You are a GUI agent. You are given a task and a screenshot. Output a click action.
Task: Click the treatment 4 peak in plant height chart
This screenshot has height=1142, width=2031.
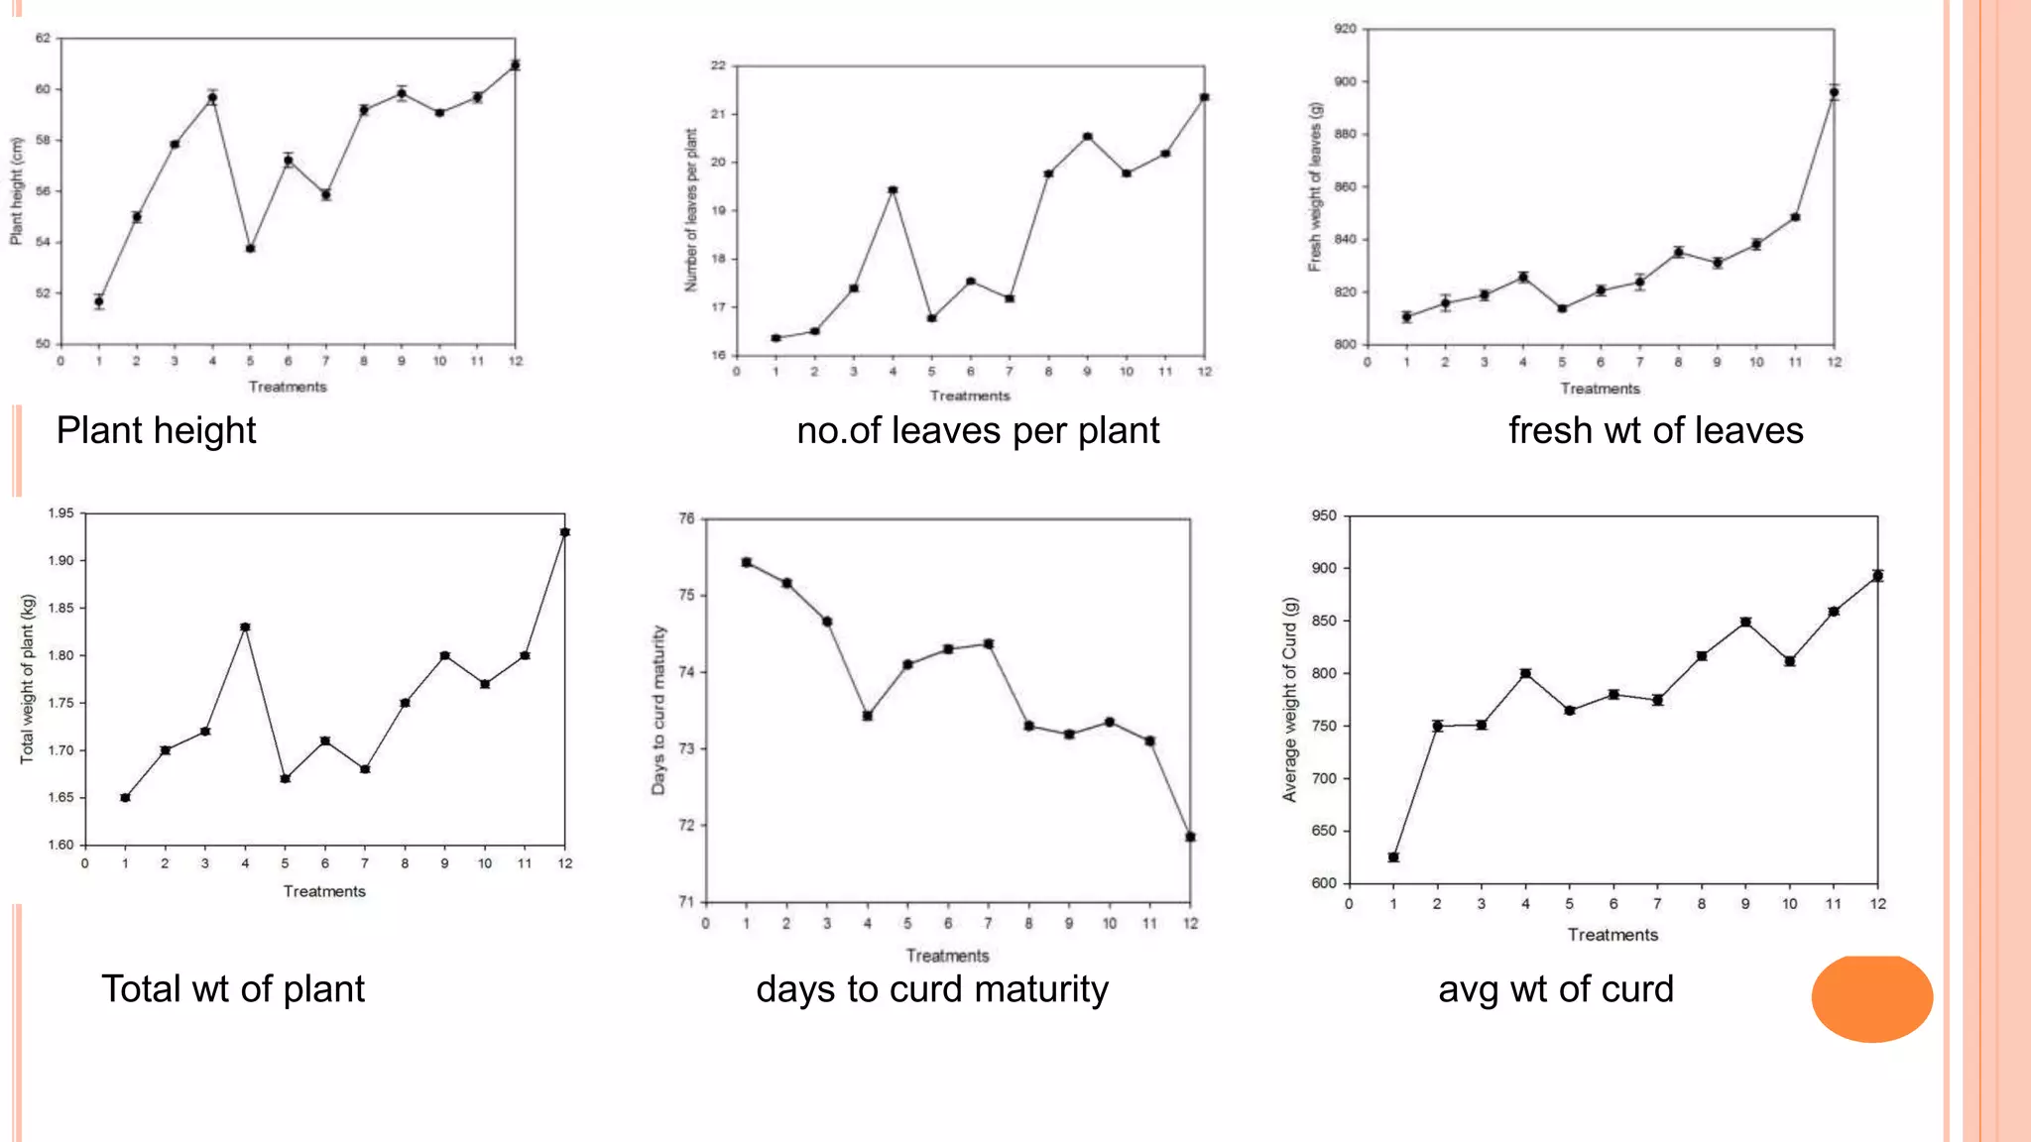(x=212, y=98)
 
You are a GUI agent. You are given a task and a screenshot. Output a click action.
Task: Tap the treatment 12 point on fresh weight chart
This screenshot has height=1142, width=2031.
(x=1834, y=92)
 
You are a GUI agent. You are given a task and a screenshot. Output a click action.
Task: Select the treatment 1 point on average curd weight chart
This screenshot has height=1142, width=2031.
(x=1393, y=856)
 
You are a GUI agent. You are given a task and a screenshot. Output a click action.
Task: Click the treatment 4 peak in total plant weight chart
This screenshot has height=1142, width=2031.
(x=245, y=627)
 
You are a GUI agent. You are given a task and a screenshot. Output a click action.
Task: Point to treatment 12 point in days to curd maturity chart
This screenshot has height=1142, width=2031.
(x=1190, y=837)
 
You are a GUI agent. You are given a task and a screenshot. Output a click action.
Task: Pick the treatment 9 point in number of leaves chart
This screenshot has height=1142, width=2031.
(x=1088, y=137)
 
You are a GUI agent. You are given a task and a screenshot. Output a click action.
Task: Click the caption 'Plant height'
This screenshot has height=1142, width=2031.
(x=156, y=430)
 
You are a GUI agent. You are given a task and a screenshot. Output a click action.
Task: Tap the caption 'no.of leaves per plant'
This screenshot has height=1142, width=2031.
(x=978, y=430)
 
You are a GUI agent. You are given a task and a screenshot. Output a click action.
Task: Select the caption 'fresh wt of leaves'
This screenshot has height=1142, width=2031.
(x=1655, y=430)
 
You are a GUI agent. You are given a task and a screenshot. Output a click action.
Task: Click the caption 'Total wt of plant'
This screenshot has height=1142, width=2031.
(x=233, y=988)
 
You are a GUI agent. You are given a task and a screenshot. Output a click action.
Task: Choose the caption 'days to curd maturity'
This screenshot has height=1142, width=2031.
(x=932, y=988)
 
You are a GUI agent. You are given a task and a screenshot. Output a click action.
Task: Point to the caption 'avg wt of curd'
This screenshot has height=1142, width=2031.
(x=1555, y=988)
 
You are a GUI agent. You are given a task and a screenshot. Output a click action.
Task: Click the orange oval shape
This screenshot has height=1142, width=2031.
(x=1871, y=998)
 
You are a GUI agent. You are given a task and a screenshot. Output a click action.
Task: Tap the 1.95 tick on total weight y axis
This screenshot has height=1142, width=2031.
(x=61, y=513)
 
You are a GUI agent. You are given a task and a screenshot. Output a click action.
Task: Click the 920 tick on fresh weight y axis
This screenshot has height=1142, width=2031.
(x=1344, y=29)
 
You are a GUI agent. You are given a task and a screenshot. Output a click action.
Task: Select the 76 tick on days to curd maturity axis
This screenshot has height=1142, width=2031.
(x=687, y=517)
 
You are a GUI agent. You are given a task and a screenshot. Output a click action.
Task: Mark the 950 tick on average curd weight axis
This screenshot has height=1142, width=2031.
(x=1324, y=515)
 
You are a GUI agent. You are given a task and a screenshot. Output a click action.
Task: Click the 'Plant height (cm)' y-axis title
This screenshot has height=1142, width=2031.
(x=16, y=190)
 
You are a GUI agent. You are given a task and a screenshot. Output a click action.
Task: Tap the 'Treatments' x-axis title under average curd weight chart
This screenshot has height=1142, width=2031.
(x=1613, y=934)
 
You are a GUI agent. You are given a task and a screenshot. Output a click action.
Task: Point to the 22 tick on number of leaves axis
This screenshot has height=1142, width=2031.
(x=718, y=65)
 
